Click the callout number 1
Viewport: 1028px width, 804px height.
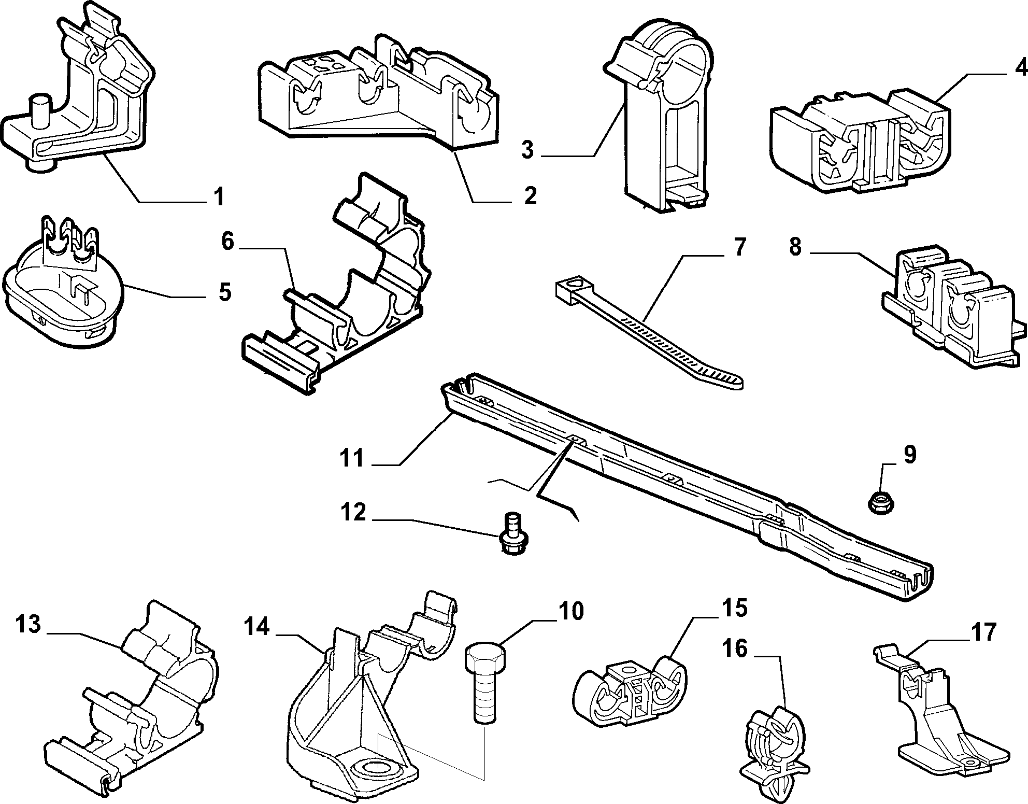219,197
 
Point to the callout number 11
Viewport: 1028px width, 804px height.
352,458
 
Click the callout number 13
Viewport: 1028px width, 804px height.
28,625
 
